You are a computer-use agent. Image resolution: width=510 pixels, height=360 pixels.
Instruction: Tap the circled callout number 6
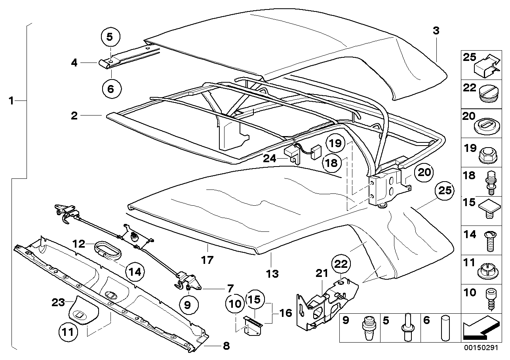pos(110,89)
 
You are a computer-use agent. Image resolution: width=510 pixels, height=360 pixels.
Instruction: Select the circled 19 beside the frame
pos(335,143)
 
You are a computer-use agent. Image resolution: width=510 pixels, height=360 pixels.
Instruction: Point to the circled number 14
pos(135,271)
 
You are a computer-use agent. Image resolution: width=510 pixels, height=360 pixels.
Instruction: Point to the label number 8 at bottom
pos(226,346)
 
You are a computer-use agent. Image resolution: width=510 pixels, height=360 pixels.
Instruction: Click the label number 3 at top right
pos(436,31)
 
